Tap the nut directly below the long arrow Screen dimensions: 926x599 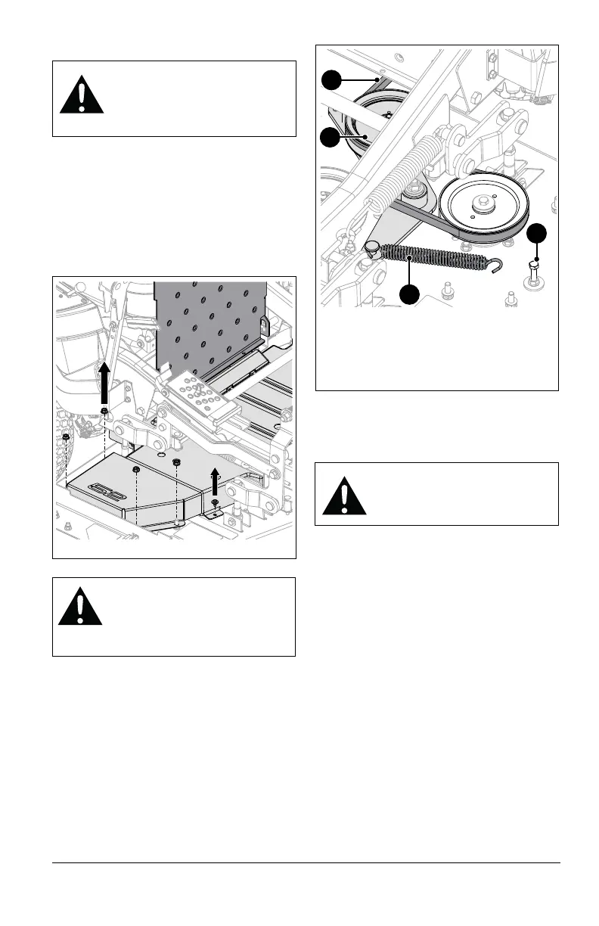104,412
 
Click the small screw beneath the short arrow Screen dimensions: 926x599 216,503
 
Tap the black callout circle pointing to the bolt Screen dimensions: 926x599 537,234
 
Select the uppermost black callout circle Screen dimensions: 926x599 330,79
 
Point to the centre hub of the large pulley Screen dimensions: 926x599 481,204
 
